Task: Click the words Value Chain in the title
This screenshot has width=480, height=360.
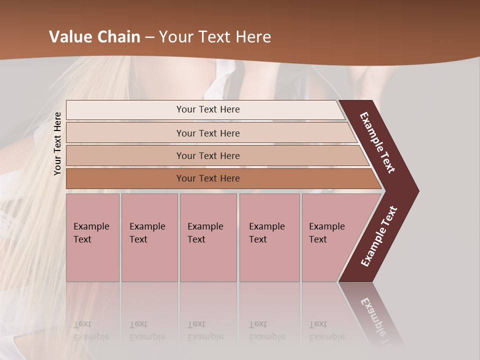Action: pos(95,37)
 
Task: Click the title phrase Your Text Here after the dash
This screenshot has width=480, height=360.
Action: pos(215,37)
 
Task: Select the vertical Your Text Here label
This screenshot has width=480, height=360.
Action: pos(57,143)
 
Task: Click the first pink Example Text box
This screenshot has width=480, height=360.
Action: pos(92,237)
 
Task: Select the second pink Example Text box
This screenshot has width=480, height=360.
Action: pos(149,237)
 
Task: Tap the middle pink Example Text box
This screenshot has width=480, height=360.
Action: pos(208,237)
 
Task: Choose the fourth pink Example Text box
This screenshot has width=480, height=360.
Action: pos(269,237)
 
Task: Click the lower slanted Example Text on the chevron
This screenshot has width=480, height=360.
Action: pos(379,236)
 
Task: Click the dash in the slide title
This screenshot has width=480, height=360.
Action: pos(149,37)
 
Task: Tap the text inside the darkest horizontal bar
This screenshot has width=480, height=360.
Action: pos(208,178)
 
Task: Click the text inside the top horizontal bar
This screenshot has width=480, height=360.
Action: pos(208,109)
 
